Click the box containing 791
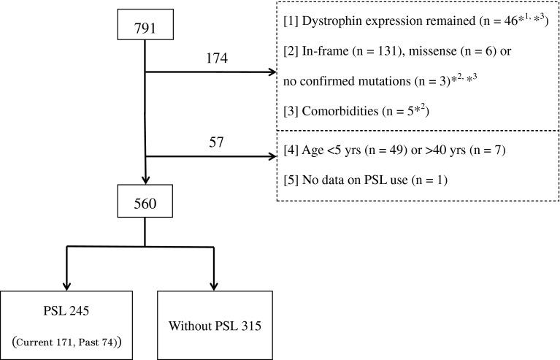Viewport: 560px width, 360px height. [146, 26]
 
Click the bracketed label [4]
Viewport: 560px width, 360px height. [291, 153]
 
